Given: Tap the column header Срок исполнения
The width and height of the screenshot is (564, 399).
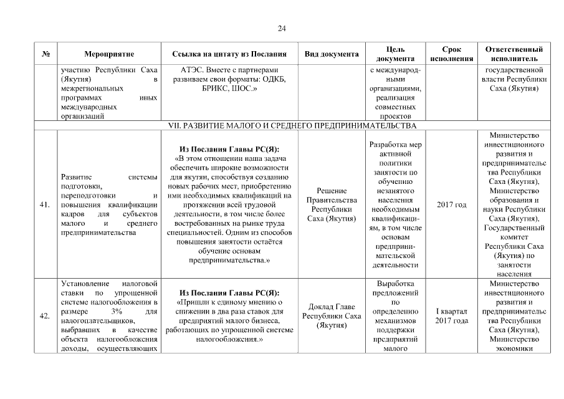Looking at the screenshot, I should (x=451, y=54).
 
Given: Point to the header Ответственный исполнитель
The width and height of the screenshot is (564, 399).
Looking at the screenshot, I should (x=514, y=54).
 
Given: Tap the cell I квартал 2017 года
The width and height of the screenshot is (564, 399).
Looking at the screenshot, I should (x=451, y=315).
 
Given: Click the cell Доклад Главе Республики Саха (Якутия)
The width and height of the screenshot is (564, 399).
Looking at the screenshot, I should (x=332, y=315).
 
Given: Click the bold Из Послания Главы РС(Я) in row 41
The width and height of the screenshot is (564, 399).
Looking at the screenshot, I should (x=229, y=150).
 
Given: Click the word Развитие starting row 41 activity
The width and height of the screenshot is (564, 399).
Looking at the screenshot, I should (x=76, y=177).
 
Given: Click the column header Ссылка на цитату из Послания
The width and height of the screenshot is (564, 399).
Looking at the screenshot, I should (x=229, y=54).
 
